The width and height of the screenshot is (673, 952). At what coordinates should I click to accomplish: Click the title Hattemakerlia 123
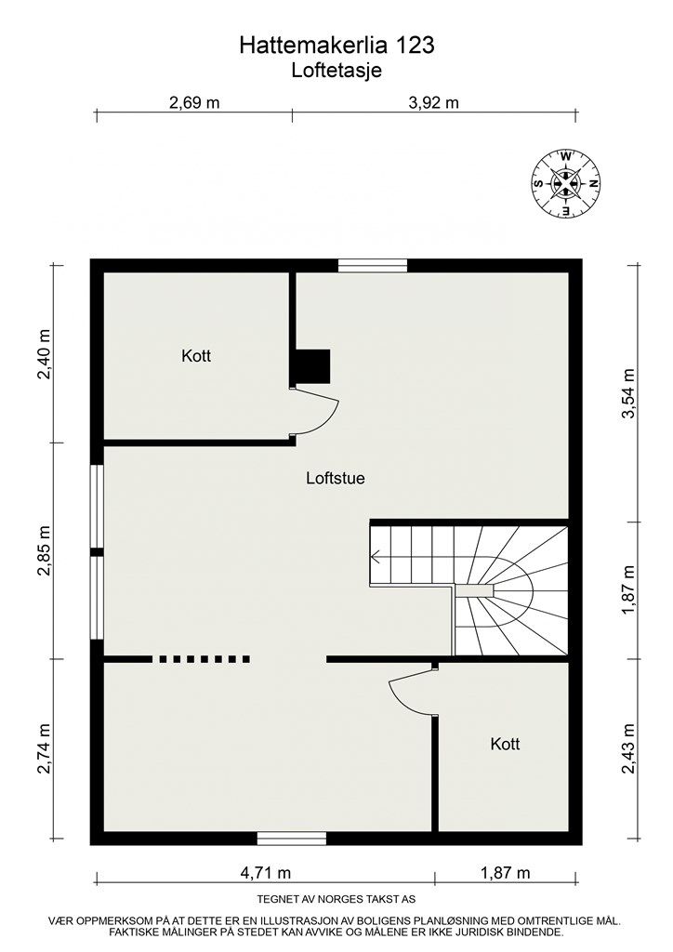(x=336, y=45)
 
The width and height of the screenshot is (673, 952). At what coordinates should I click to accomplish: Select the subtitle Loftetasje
(x=336, y=69)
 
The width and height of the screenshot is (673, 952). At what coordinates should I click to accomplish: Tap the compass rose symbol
(x=565, y=183)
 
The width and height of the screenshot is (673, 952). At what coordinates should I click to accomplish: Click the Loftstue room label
(x=335, y=480)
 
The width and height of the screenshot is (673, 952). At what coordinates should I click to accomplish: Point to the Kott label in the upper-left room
(x=196, y=356)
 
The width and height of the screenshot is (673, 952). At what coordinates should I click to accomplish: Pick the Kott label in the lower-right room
(x=505, y=744)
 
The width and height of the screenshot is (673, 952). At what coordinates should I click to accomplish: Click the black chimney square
(x=312, y=366)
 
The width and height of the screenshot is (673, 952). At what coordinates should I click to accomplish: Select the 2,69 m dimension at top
(x=194, y=102)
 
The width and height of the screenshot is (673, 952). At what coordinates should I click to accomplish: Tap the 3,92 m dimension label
(x=434, y=102)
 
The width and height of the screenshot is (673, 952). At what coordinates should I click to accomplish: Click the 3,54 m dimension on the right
(x=629, y=393)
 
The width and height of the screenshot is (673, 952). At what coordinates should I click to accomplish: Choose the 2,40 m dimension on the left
(x=44, y=350)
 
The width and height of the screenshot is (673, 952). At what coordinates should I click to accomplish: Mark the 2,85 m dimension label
(x=44, y=550)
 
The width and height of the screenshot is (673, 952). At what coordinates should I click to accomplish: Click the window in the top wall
(x=372, y=266)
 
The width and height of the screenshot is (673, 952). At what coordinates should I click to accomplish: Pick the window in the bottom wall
(x=292, y=839)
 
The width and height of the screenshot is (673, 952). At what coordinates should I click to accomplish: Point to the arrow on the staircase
(x=376, y=558)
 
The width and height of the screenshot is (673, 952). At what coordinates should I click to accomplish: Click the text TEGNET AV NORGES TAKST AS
(x=336, y=900)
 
